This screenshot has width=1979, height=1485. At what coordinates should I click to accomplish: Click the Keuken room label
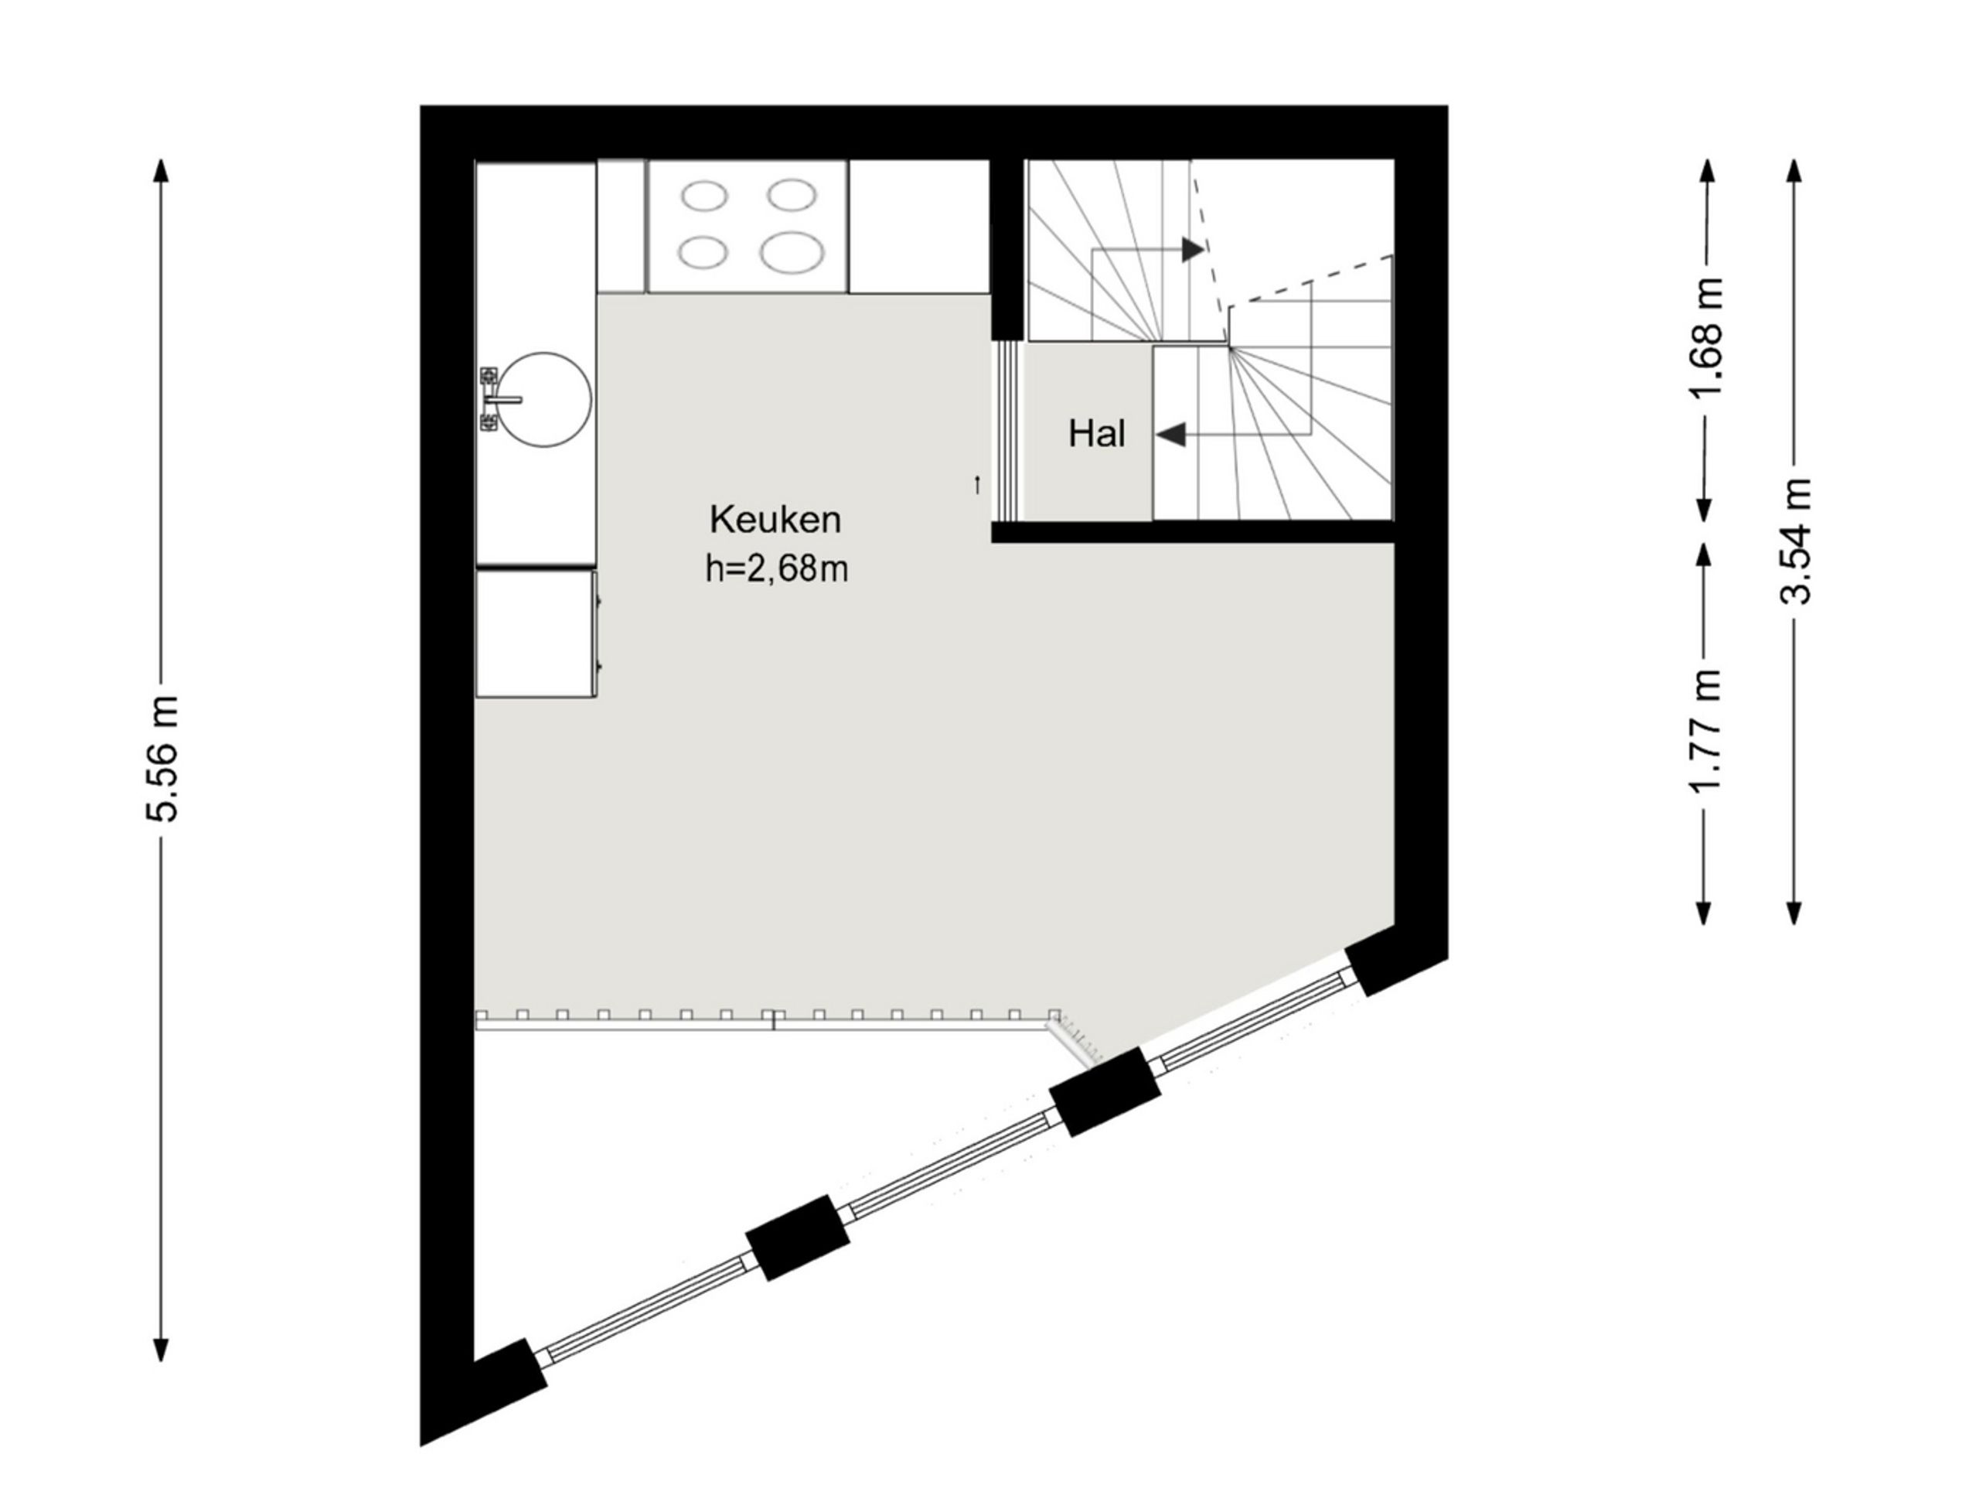[775, 519]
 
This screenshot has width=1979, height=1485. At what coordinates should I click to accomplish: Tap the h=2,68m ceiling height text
[775, 568]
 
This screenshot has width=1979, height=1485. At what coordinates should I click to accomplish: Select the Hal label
[1096, 434]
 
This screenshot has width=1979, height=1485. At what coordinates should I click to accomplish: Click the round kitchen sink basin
[546, 399]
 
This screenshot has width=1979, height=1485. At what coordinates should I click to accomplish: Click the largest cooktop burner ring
[792, 252]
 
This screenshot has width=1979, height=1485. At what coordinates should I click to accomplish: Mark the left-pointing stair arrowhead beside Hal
[1171, 435]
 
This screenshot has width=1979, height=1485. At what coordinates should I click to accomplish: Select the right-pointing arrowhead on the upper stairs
[1193, 249]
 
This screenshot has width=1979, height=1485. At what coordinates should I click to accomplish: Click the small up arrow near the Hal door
[977, 485]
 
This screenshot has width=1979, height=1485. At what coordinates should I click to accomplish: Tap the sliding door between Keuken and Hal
[1008, 432]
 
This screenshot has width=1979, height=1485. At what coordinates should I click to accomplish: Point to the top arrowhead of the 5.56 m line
[161, 172]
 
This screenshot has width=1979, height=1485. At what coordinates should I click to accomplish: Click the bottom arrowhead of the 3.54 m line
[1793, 910]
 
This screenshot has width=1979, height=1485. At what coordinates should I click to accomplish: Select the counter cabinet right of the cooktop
[919, 227]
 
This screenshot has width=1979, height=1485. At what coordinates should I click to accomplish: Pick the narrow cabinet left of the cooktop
[621, 227]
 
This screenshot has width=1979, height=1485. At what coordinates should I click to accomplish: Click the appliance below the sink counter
[536, 633]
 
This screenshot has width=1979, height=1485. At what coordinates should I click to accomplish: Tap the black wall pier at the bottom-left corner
[508, 1378]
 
